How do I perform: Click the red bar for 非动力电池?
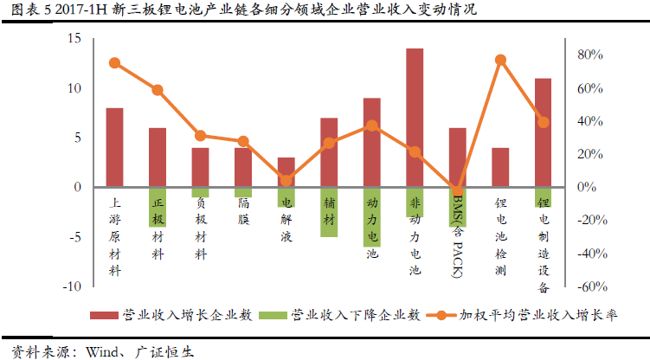pyautogui.click(x=415, y=117)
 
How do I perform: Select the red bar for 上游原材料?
pyautogui.click(x=114, y=147)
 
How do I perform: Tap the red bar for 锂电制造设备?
pyautogui.click(x=543, y=132)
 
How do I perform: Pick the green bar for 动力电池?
pyautogui.click(x=372, y=216)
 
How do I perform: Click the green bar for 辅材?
pyautogui.click(x=329, y=211)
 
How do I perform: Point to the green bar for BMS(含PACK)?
pyautogui.click(x=458, y=207)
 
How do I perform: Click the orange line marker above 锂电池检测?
pyautogui.click(x=500, y=60)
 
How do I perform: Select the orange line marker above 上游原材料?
pyautogui.click(x=114, y=63)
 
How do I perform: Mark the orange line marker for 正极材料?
pyautogui.click(x=158, y=90)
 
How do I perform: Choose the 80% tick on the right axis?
pyautogui.click(x=589, y=55)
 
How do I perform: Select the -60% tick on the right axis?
pyautogui.click(x=589, y=286)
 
